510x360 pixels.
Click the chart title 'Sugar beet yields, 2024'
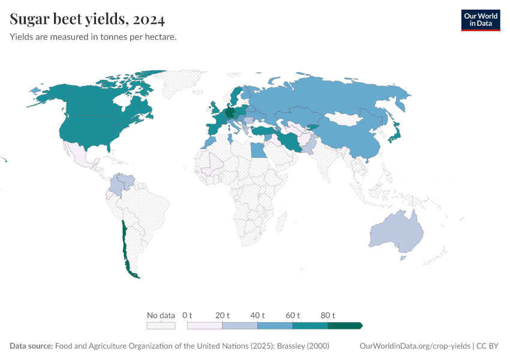point(87,19)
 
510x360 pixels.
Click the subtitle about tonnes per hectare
point(93,37)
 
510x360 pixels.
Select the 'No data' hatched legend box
point(161,326)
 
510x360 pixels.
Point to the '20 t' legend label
point(223,315)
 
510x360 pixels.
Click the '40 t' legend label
point(257,315)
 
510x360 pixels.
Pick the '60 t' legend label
point(293,315)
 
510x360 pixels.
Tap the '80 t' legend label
point(328,315)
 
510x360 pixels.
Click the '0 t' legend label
point(187,315)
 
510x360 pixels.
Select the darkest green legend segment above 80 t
point(344,326)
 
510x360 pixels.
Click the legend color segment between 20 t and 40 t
point(240,326)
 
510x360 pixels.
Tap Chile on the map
point(125,246)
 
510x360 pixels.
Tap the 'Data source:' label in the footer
point(31,346)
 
